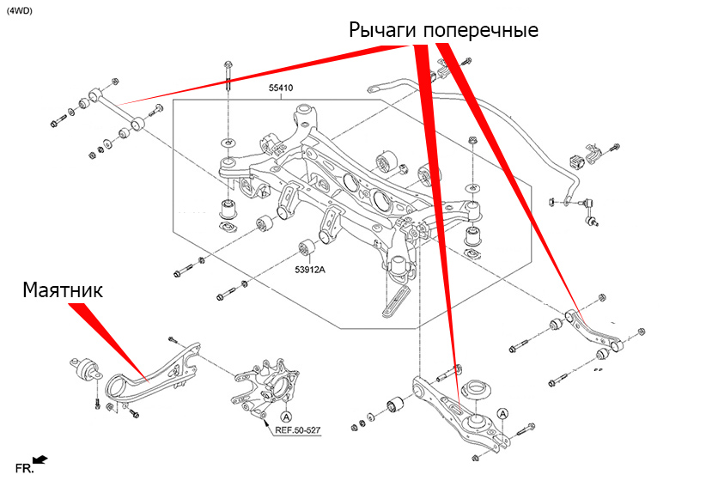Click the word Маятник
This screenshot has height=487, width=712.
pos(63,290)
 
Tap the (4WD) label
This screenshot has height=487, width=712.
pos(21,10)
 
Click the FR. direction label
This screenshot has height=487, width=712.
pos(24,469)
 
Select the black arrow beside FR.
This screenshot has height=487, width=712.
pos(40,461)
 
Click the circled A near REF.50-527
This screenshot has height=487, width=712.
pos(261,417)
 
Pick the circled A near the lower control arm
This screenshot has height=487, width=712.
pos(502,414)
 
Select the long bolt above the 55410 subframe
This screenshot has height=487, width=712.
pos(227,82)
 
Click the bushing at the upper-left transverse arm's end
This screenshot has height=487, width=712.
pos(95,94)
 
